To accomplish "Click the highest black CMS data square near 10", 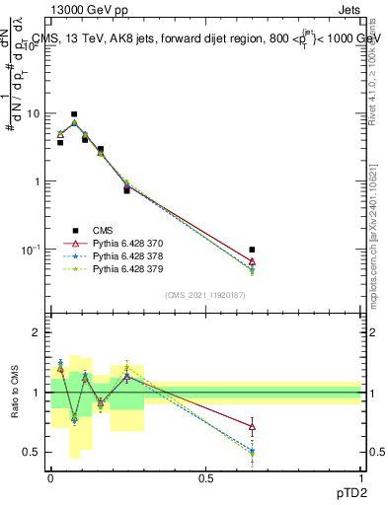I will tap(74, 114).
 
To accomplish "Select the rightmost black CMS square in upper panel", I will tap(252, 250).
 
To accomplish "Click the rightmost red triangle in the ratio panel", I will tap(252, 427).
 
